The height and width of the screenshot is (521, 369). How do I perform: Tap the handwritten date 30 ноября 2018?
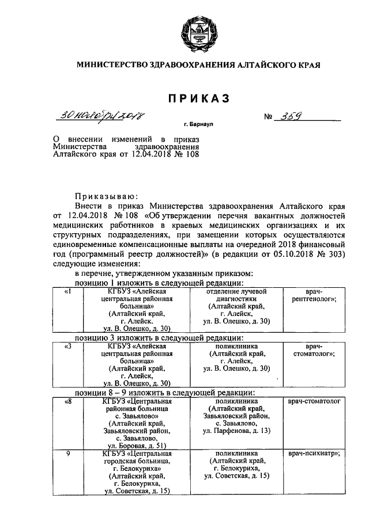tap(100, 117)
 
